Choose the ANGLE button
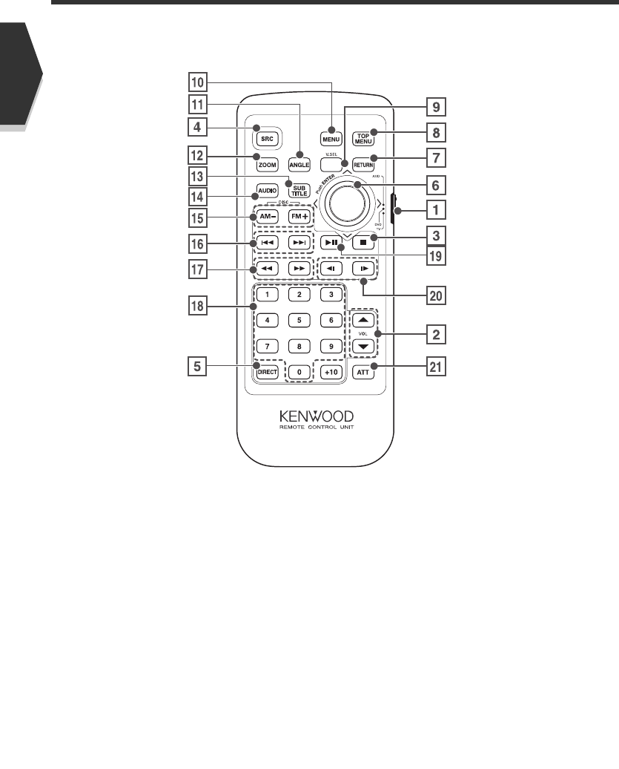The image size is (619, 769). tap(299, 165)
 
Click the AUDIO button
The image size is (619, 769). tap(267, 189)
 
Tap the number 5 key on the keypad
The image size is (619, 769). tap(299, 321)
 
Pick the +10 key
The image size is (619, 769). tap(330, 373)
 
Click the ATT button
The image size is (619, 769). tap(363, 373)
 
